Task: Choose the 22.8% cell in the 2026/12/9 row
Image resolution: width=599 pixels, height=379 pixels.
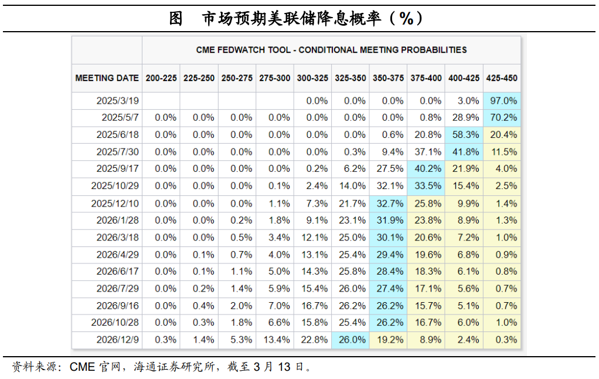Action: coord(313,339)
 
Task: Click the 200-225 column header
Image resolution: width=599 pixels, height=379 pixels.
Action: coord(161,77)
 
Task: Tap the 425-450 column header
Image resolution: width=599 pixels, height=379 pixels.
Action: coord(502,77)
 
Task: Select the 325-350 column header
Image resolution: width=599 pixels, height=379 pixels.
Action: coord(350,77)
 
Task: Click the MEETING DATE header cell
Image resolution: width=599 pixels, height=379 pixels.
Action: coord(107,77)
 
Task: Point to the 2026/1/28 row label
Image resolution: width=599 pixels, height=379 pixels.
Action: coord(118,220)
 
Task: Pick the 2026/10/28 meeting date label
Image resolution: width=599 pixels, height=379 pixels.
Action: coord(115,322)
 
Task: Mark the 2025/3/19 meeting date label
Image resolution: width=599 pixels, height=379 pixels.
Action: coord(118,100)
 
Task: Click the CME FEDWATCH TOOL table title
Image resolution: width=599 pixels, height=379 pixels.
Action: coord(331,50)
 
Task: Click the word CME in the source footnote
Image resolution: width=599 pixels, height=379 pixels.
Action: coord(82,367)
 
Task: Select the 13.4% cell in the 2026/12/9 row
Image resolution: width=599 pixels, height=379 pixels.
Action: coord(275,339)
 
